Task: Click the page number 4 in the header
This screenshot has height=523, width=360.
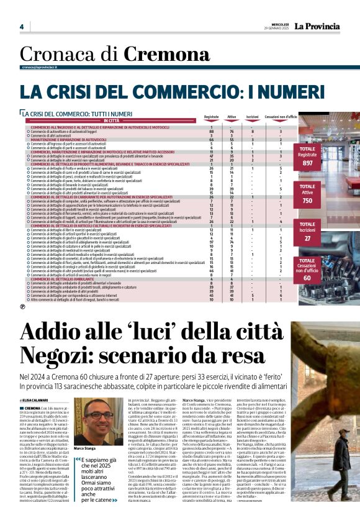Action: click(x=21, y=26)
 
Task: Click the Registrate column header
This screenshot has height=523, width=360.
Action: click(x=212, y=117)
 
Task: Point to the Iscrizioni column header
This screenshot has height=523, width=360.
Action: click(x=253, y=117)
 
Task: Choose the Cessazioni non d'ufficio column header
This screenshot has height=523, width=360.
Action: click(x=281, y=117)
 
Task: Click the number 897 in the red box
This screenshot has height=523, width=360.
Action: click(x=325, y=163)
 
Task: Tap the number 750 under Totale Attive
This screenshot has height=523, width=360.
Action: click(x=325, y=201)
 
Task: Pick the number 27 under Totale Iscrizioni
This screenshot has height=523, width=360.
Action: click(x=325, y=238)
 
